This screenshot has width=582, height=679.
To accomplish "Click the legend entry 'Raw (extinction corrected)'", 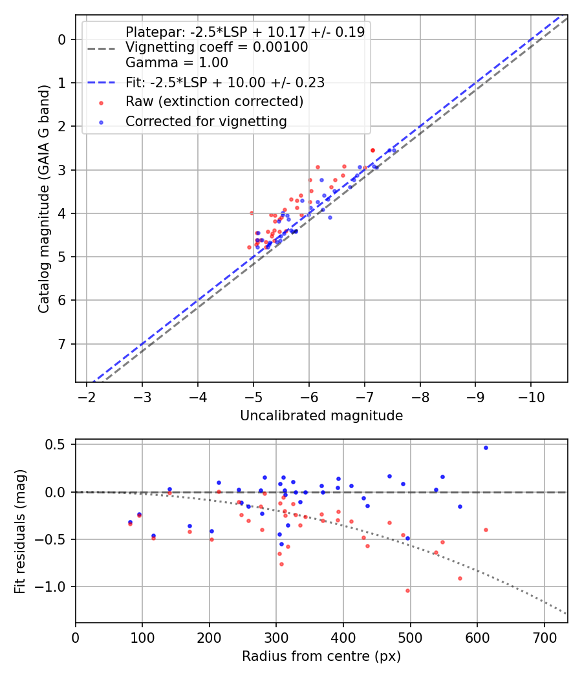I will point(214,102).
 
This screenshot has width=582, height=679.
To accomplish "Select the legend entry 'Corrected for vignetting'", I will point(205,121).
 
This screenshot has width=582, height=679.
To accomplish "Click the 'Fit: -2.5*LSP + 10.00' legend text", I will point(225,82).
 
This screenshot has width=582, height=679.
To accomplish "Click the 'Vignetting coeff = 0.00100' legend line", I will point(217,47).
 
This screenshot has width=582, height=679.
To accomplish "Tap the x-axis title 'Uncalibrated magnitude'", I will point(321,416).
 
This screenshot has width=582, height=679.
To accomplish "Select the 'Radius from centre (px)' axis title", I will point(321,656).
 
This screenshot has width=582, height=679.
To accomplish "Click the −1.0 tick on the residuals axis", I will point(55,587).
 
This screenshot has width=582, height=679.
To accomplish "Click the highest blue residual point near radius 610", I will point(486,447).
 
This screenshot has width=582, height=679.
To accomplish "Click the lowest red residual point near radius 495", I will point(407,590).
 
